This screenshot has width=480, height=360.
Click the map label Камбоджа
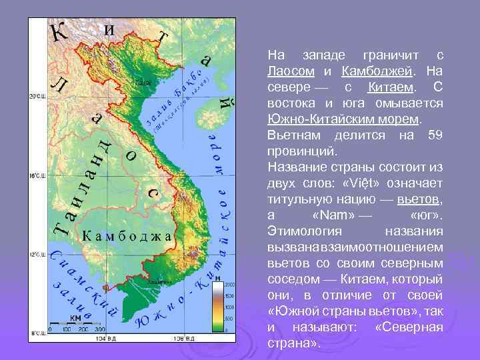click(126, 235)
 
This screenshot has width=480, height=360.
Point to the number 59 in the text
click(437, 136)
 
